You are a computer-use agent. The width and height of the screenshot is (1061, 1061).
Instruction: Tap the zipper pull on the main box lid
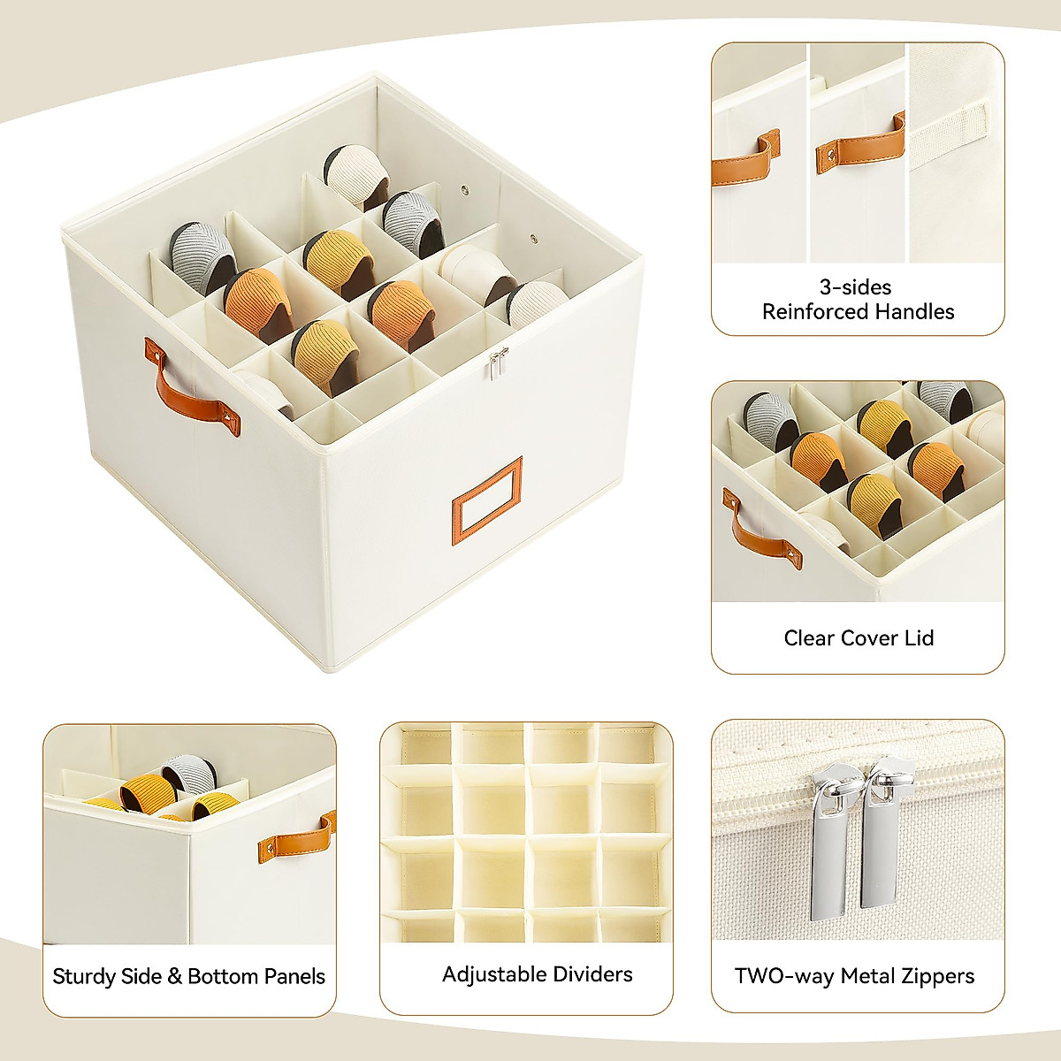(x=499, y=363)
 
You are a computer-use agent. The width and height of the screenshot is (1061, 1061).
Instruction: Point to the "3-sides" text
(x=855, y=287)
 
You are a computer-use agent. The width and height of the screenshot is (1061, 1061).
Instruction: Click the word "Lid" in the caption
(x=920, y=638)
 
